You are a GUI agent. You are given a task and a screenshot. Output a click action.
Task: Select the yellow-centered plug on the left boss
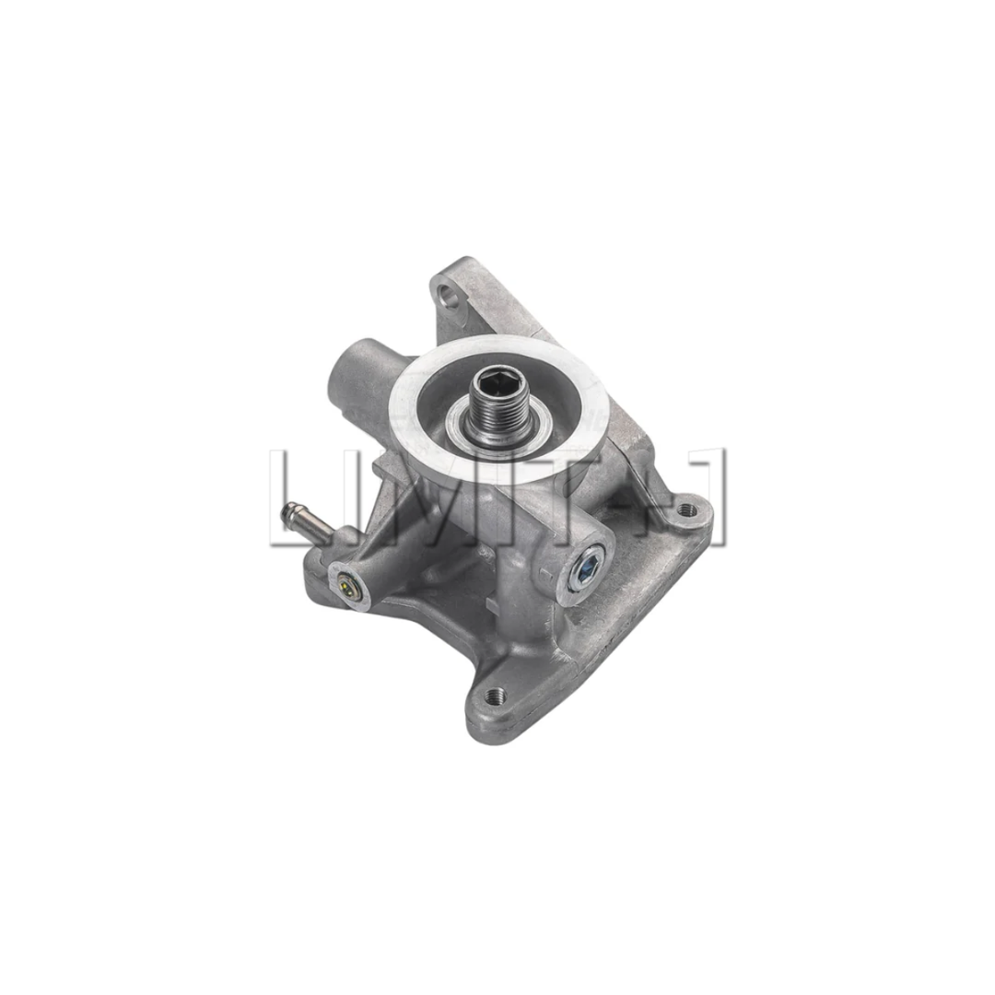coord(345,582)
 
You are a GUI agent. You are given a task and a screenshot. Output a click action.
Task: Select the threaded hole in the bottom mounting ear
coord(495,695)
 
